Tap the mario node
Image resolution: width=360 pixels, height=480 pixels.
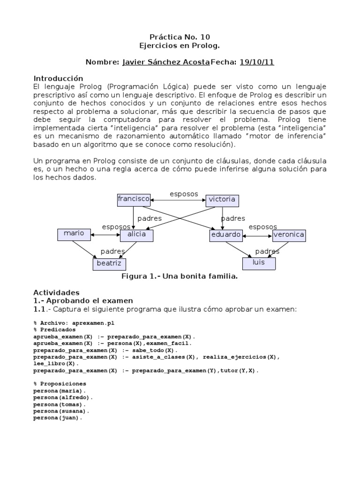[x=74, y=234]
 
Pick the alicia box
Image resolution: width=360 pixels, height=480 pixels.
[x=136, y=235]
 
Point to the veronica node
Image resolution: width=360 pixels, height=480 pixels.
[x=289, y=235]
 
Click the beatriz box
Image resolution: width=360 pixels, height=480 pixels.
[x=109, y=264]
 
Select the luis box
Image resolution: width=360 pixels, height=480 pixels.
[x=259, y=263]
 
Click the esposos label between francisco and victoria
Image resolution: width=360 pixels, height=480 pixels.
[x=183, y=194]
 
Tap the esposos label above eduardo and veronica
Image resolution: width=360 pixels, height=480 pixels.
[x=262, y=227]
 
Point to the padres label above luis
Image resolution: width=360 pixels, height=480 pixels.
[x=267, y=251]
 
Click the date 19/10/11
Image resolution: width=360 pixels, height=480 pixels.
[x=256, y=62]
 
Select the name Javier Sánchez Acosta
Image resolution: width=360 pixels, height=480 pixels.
[x=165, y=62]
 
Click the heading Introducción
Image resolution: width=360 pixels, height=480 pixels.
[x=58, y=78]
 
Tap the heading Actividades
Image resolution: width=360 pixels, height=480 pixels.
[x=56, y=292]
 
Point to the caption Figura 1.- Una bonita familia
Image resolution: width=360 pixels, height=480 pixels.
[x=180, y=277]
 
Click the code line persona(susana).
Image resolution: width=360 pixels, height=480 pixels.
[x=61, y=411]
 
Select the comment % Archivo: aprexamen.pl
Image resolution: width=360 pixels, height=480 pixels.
[x=74, y=323]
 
